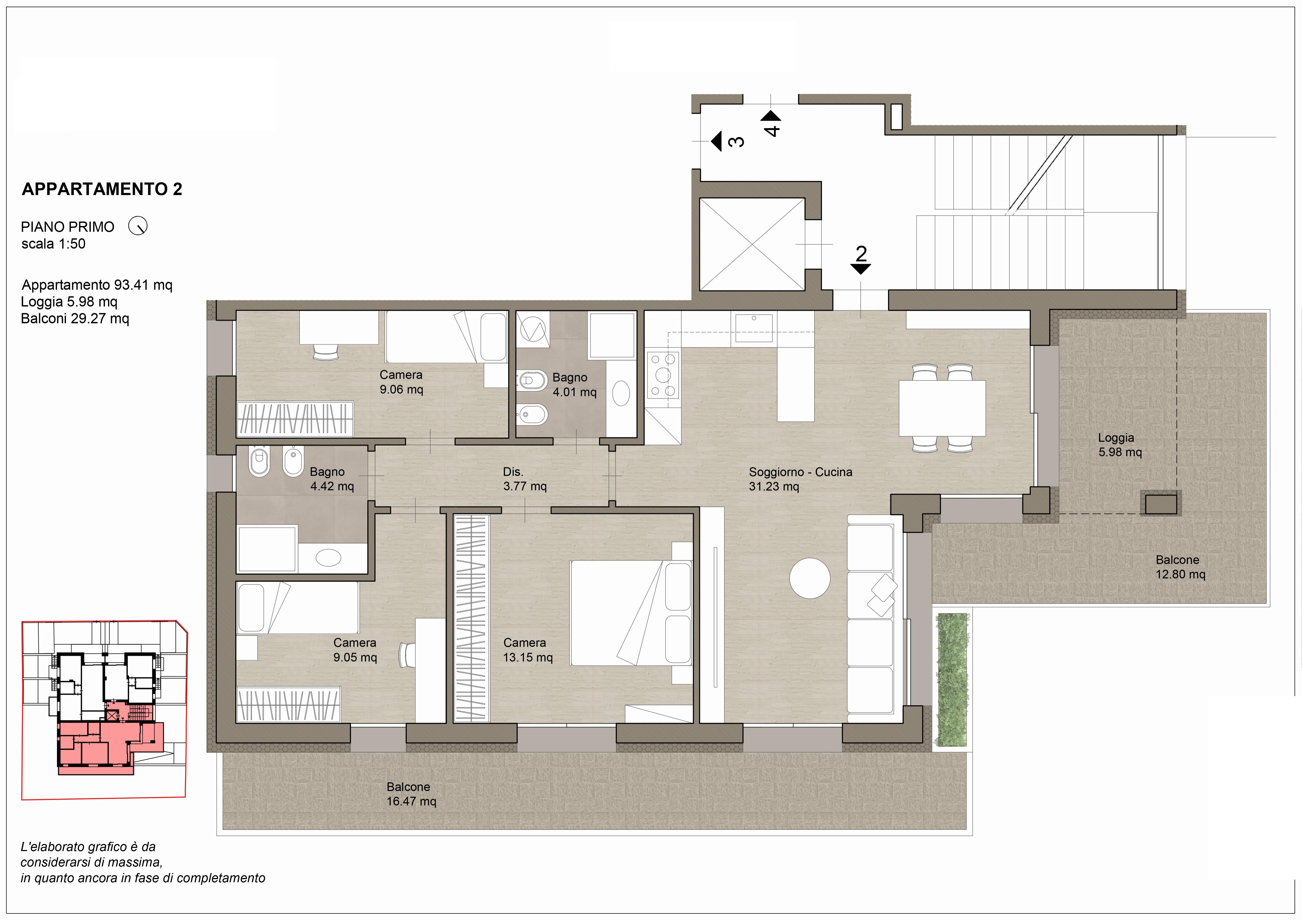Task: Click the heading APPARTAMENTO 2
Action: tap(102, 189)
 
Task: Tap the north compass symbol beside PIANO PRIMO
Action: tap(138, 226)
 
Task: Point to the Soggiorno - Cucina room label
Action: tap(800, 479)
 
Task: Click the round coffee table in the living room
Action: tap(810, 578)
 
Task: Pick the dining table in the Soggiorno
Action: tap(942, 408)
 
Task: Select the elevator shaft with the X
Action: tap(752, 244)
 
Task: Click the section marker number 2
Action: tap(861, 253)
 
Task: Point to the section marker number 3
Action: tap(736, 141)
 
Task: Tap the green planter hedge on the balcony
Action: tap(953, 679)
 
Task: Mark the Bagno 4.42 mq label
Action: tap(332, 479)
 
